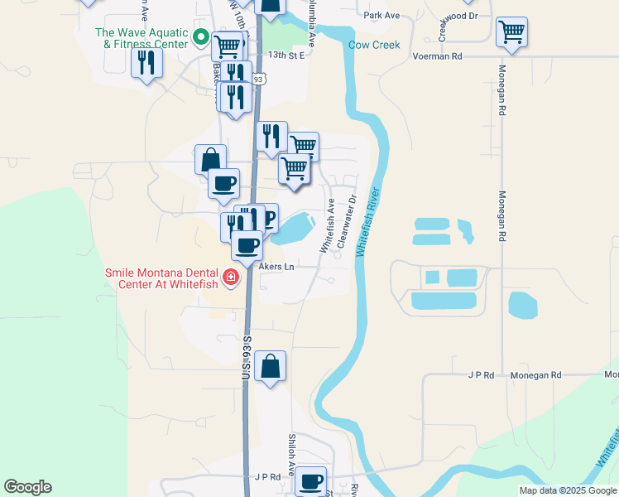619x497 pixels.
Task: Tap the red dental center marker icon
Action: click(x=233, y=276)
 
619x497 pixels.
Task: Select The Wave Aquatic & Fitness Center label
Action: click(x=141, y=38)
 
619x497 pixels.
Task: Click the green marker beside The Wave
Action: click(x=199, y=36)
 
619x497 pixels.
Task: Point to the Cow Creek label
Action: click(x=373, y=46)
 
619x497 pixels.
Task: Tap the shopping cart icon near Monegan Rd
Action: click(x=511, y=33)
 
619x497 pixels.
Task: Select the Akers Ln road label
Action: click(x=276, y=267)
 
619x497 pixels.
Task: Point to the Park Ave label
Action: click(x=381, y=15)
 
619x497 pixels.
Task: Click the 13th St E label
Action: click(x=286, y=55)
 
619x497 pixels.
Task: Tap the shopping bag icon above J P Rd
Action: click(x=270, y=366)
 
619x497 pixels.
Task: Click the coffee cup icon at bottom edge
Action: click(x=311, y=482)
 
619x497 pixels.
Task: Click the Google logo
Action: click(x=27, y=487)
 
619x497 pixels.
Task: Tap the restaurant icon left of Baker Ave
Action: click(x=147, y=63)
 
